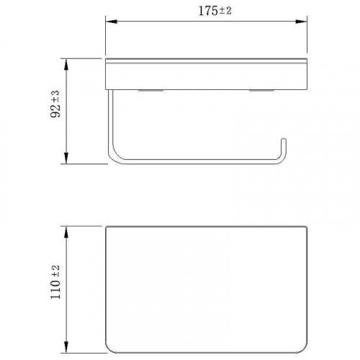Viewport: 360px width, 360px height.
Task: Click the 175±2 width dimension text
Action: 215,11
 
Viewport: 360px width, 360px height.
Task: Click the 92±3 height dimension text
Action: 55,104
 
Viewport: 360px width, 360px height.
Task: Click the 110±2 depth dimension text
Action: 55,282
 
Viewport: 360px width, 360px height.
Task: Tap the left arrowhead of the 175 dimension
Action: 112,22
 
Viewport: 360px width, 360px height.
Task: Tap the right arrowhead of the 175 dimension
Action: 301,22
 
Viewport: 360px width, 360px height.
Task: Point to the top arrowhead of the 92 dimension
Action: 66,64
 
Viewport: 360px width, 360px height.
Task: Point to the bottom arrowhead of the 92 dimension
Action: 66,158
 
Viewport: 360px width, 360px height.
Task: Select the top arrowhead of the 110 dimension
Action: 66,232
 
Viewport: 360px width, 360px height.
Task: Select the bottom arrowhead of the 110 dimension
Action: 66,347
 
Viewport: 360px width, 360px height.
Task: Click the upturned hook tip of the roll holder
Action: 284,140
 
